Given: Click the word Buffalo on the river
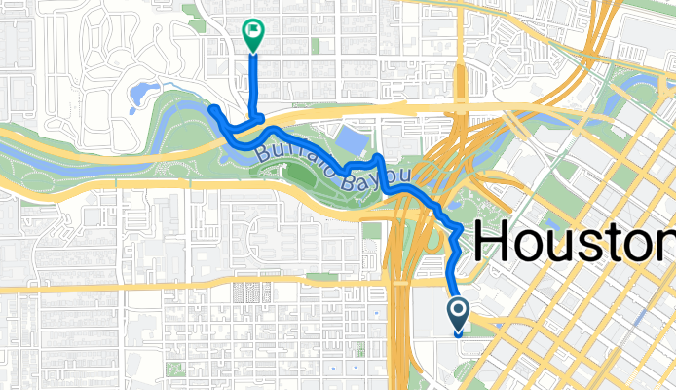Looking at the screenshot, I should pyautogui.click(x=291, y=156).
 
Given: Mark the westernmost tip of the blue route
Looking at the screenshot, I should pyautogui.click(x=211, y=108).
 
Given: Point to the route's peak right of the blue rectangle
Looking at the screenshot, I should pyautogui.click(x=379, y=155).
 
